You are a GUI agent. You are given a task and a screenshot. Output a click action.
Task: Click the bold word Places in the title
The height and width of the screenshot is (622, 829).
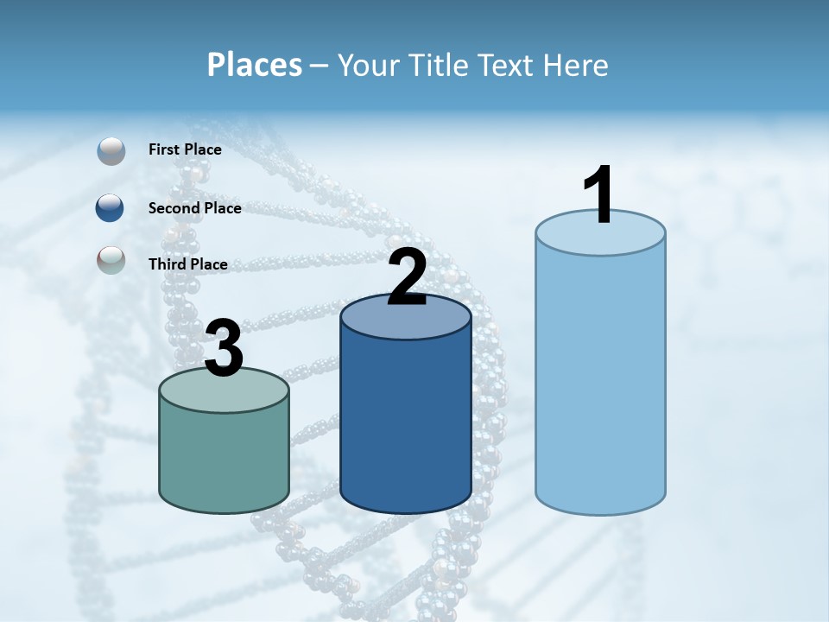254,65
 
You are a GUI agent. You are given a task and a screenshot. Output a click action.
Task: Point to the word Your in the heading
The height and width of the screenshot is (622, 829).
370,65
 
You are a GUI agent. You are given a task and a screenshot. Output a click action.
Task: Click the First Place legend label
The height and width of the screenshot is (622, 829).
185,149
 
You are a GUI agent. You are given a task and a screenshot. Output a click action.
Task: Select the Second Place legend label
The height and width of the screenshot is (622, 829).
194,208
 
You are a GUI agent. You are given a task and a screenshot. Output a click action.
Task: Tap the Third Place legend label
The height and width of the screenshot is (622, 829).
187,264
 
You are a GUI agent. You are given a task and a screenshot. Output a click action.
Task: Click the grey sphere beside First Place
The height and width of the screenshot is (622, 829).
111,151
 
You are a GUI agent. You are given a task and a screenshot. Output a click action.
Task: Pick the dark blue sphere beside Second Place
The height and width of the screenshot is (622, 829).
111,207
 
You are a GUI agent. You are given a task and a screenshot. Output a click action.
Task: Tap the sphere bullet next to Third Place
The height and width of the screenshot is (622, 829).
111,260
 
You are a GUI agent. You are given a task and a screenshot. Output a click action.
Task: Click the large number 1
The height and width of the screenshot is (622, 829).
599,195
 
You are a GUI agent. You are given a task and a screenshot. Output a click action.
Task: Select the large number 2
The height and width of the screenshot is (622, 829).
407,277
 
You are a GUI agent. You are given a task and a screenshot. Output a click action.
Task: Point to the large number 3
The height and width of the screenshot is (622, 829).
224,348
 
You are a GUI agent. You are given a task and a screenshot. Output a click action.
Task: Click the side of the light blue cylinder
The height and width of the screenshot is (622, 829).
600,380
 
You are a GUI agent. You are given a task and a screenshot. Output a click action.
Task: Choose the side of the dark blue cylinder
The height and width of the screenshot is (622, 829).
406,423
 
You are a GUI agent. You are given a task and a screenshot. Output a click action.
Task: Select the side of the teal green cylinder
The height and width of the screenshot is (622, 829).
224,458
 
